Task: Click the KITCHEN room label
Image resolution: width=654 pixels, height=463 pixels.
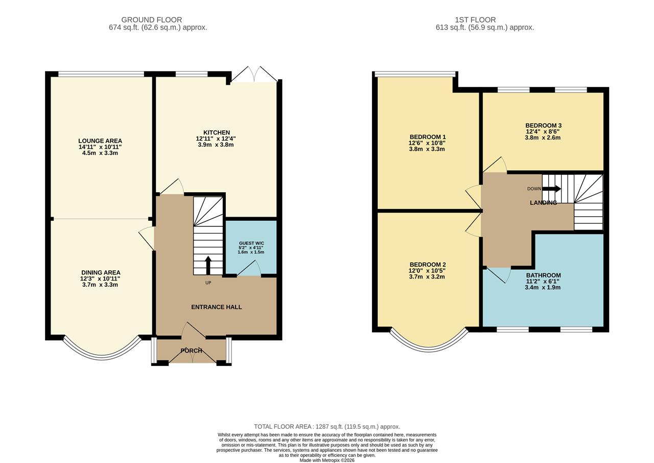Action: [216, 132]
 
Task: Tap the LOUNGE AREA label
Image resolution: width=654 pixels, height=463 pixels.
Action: [100, 141]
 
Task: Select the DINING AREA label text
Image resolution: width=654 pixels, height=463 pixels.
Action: [100, 272]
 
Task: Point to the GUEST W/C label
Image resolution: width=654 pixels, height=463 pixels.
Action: [251, 243]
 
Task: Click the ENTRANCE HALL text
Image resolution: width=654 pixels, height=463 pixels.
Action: [216, 307]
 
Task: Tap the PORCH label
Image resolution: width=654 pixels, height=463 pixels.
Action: [191, 351]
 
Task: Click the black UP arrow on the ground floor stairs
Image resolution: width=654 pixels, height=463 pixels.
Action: [208, 265]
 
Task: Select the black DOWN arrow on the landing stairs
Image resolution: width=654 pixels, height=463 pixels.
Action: [551, 189]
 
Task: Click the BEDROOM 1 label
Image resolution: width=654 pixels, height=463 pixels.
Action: [427, 136]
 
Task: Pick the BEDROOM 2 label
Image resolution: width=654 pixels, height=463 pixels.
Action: [427, 264]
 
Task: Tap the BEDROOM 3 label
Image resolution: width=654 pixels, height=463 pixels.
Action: [543, 125]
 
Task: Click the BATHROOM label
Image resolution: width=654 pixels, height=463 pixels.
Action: [543, 275]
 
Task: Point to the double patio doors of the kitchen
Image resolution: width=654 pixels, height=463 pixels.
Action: [254, 75]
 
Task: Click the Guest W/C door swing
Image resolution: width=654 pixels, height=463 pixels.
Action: [250, 269]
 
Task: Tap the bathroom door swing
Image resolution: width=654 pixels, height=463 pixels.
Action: [499, 274]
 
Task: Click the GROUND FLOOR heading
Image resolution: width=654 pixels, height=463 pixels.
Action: [158, 20]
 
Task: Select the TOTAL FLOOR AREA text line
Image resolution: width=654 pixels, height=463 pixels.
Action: [327, 426]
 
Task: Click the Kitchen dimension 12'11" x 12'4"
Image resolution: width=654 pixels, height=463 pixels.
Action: [216, 138]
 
